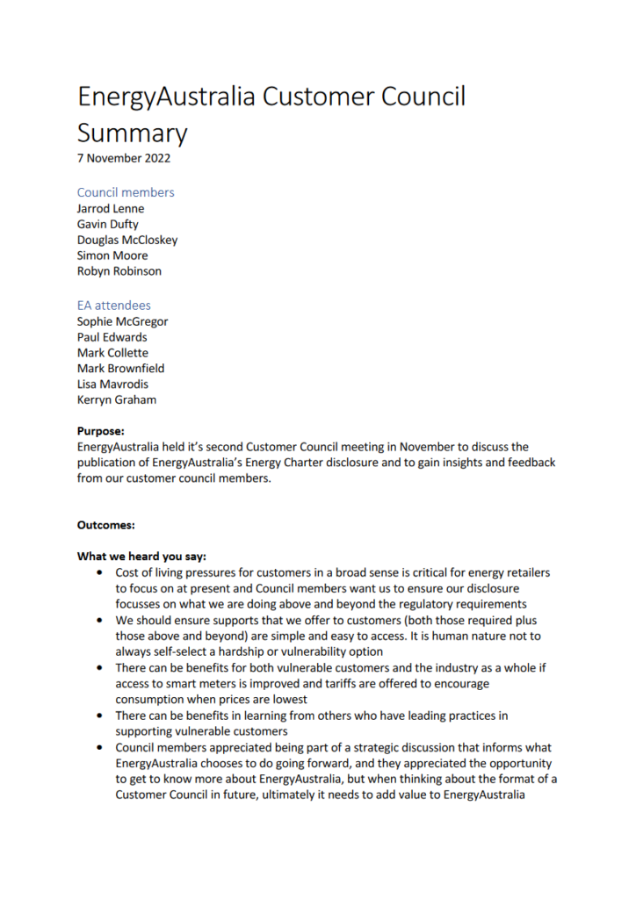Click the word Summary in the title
[x=132, y=133]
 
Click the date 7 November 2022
[x=124, y=159]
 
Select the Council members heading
[x=126, y=192]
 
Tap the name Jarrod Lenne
[x=111, y=209]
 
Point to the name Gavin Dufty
[x=108, y=225]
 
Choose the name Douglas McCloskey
[x=127, y=240]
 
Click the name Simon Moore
[x=112, y=255]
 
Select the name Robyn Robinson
[x=119, y=271]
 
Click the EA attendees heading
[x=114, y=306]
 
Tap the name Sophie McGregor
[x=122, y=321]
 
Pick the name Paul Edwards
[x=112, y=337]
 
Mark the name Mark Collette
[x=112, y=353]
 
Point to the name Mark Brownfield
[x=120, y=369]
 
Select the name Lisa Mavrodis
[x=113, y=384]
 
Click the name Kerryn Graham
[x=118, y=399]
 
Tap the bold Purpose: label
[x=101, y=431]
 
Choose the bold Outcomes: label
[x=106, y=525]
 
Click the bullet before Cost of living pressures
[x=99, y=573]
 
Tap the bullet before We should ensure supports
[x=99, y=621]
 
